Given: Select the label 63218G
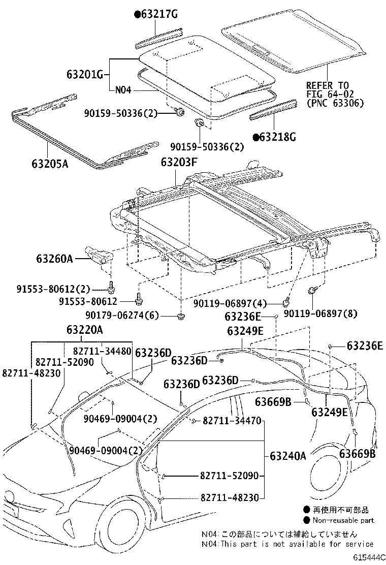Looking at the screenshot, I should tap(277, 137).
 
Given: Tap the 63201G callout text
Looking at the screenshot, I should tap(84, 75).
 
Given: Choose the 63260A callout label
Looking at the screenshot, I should tap(54, 259).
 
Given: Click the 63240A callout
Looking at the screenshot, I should tap(288, 456).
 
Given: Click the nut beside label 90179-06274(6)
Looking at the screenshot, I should tap(181, 317).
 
